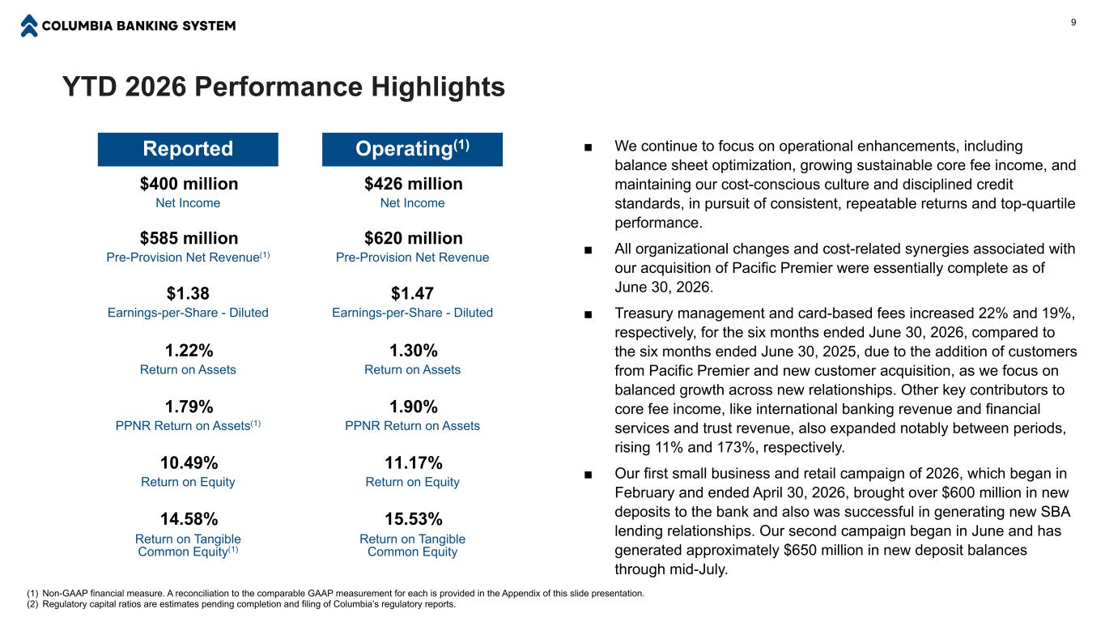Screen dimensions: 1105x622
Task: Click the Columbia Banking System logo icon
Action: point(29,26)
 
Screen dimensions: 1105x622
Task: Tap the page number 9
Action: point(1073,22)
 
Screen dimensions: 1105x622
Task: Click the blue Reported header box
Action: point(188,149)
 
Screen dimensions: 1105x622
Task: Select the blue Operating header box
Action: point(412,149)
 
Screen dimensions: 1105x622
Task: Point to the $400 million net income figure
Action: point(189,184)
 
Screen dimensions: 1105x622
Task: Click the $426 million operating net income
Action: point(414,184)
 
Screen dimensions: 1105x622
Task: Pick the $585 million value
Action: point(189,238)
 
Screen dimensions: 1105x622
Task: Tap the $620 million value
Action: point(414,238)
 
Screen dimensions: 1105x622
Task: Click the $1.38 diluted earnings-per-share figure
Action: point(188,293)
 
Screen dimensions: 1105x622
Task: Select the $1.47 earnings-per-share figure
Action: point(412,293)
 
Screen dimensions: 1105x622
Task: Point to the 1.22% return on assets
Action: point(189,351)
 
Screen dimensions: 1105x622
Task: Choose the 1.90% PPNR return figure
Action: point(414,407)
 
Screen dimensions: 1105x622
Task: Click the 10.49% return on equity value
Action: point(189,462)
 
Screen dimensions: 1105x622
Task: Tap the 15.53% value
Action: point(414,519)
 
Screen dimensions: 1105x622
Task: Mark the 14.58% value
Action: point(189,519)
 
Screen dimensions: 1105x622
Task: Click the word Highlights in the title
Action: point(438,87)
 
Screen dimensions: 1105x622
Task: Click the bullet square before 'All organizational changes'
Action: point(588,250)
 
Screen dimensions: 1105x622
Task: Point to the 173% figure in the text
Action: point(738,447)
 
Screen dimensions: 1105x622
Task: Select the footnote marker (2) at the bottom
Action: point(32,604)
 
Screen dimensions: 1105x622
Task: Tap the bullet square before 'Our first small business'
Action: point(588,475)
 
